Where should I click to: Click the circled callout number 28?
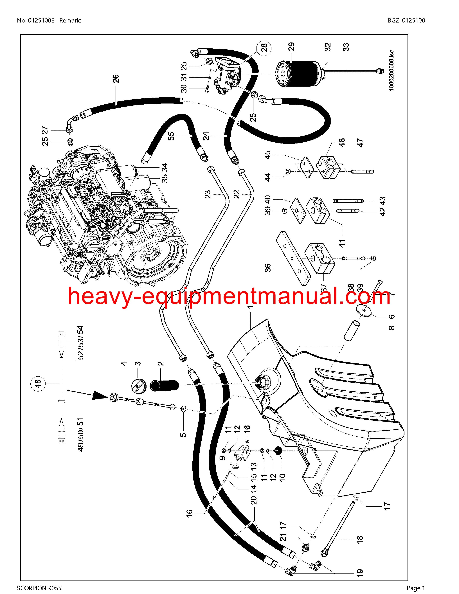click(264, 48)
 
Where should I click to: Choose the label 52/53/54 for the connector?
click(81, 343)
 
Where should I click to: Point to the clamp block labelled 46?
click(328, 167)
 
